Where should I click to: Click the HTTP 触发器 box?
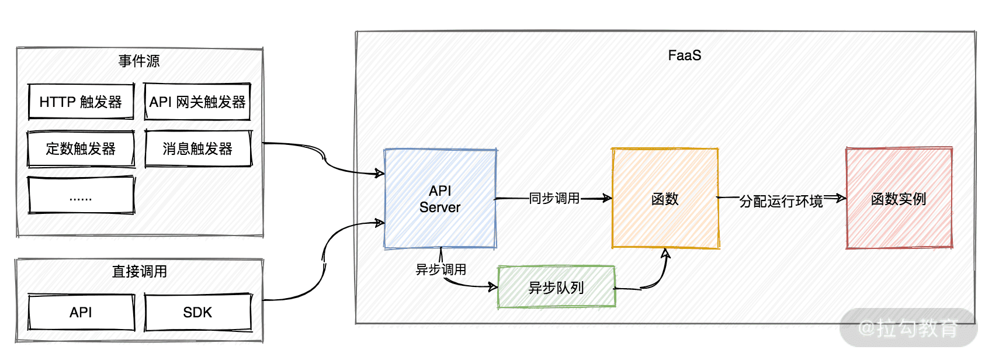point(81,102)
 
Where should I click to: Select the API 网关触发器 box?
point(197,102)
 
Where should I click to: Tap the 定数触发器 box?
point(81,149)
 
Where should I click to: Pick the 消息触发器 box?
point(197,149)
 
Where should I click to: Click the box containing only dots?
point(81,196)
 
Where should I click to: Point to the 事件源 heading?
point(139,61)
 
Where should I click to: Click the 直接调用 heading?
point(139,271)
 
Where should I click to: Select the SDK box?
point(197,313)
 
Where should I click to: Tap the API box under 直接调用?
point(81,313)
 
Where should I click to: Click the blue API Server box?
point(440,199)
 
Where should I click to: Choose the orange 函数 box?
point(665,199)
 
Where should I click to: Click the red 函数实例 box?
point(899,199)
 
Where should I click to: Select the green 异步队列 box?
point(556,288)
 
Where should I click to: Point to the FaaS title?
point(684,56)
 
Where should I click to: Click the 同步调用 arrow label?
point(554,199)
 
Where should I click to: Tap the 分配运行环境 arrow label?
point(781,201)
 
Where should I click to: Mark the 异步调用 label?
point(440,269)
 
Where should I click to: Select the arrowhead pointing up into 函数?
point(665,252)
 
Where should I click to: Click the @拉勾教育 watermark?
point(908,328)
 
